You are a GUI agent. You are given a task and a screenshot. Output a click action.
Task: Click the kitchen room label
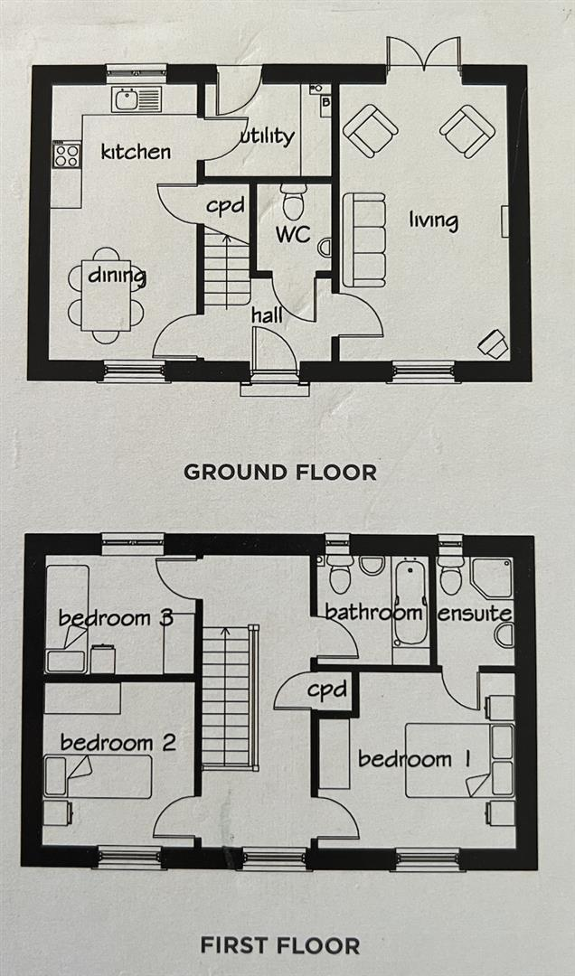point(136,151)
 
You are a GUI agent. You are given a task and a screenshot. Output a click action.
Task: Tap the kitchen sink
point(136,99)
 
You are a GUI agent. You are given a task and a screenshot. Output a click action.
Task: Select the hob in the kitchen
point(67,155)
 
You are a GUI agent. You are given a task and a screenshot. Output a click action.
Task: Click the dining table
point(106,295)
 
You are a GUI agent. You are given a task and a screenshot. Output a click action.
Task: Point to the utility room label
point(268,136)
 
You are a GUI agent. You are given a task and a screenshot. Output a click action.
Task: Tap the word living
point(433,220)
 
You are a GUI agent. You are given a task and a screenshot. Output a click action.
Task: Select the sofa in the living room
point(364,239)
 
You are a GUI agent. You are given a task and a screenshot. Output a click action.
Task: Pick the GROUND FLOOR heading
point(280,472)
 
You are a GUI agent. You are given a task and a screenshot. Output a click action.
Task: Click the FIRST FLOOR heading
point(279,946)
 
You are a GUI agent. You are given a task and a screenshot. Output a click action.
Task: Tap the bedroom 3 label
point(116,618)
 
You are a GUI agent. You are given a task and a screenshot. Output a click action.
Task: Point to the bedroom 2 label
point(118,743)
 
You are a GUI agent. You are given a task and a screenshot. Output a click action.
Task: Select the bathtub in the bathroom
point(410,601)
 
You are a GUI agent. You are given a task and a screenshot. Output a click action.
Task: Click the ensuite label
point(476,614)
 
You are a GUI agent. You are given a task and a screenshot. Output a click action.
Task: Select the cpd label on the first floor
point(326,690)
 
